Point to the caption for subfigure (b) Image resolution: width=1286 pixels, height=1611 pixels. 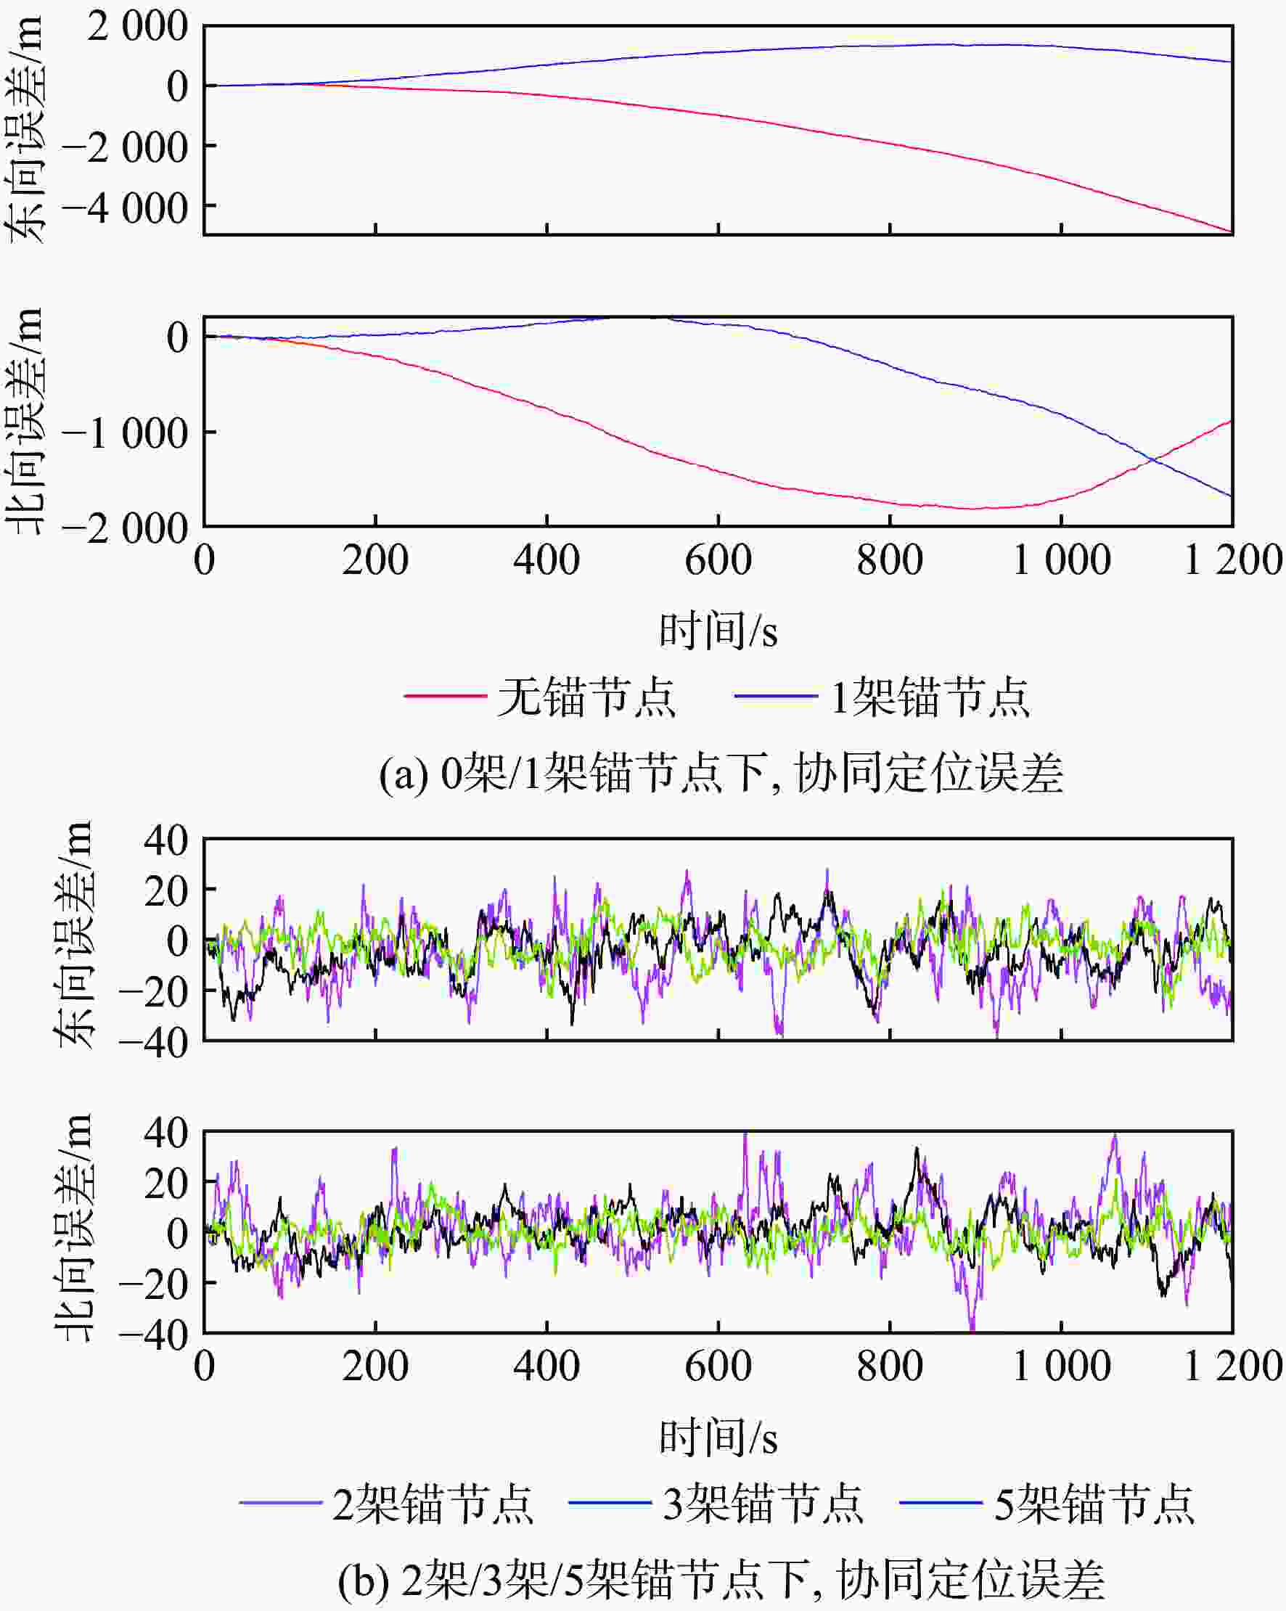pos(721,1581)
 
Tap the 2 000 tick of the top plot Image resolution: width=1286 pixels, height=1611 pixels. pos(137,28)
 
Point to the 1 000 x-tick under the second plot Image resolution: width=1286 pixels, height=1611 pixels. pos(1061,560)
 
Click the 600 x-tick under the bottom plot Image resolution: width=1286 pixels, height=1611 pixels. pos(718,1366)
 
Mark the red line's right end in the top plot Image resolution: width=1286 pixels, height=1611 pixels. pos(1232,232)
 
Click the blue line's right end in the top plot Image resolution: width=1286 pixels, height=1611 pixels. pos(1232,62)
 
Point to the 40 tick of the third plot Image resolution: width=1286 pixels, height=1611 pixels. pos(166,840)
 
